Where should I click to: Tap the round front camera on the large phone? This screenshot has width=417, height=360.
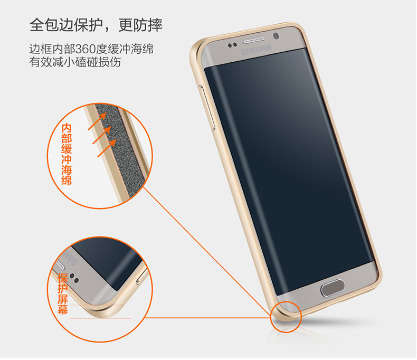276,37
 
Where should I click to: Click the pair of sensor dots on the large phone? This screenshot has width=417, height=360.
233,45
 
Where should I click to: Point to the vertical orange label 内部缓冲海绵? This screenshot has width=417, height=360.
67,154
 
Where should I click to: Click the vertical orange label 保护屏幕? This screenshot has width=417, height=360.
63,293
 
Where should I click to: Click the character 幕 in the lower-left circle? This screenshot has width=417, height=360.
63,310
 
